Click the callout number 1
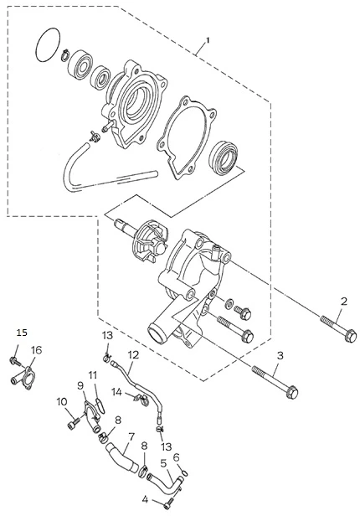click(x=208, y=40)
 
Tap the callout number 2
click(x=344, y=302)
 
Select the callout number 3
click(x=280, y=355)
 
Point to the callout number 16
click(x=37, y=351)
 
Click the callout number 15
click(x=22, y=333)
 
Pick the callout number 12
click(x=133, y=355)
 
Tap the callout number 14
click(x=117, y=392)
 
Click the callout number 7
click(x=131, y=437)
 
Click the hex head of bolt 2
click(x=351, y=336)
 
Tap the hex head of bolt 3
click(x=292, y=392)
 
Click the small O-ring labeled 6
click(x=185, y=473)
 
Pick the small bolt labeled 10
click(x=74, y=424)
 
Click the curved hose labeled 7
click(x=121, y=458)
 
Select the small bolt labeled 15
click(x=14, y=360)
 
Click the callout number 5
click(x=164, y=463)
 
